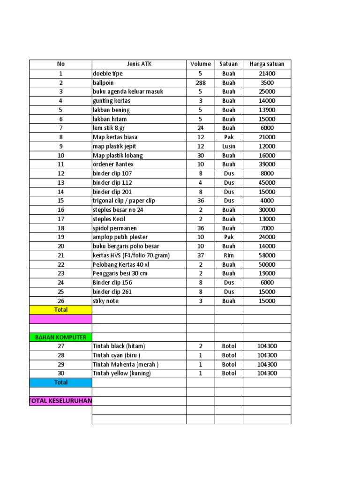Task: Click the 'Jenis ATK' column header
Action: tap(139, 64)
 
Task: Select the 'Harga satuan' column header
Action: tap(267, 64)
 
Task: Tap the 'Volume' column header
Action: tap(201, 64)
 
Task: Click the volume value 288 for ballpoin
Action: tap(201, 82)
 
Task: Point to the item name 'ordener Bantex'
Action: tap(113, 165)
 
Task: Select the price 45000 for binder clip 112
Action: tap(267, 183)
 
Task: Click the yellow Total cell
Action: tap(60, 310)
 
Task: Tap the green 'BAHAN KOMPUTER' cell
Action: tap(60, 337)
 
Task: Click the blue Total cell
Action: tap(60, 382)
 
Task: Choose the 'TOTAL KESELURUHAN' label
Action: tap(60, 401)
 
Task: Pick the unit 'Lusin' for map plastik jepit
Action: tap(229, 146)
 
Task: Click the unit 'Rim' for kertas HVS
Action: tap(229, 255)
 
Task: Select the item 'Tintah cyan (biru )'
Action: tap(117, 355)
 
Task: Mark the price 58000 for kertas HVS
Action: tap(267, 255)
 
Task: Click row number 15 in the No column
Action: tap(60, 201)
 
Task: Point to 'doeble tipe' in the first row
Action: tap(108, 74)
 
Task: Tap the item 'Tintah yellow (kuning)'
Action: tap(122, 374)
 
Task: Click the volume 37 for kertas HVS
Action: tap(201, 255)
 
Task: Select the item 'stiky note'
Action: tap(106, 301)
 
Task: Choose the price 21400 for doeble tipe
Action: tap(267, 74)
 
